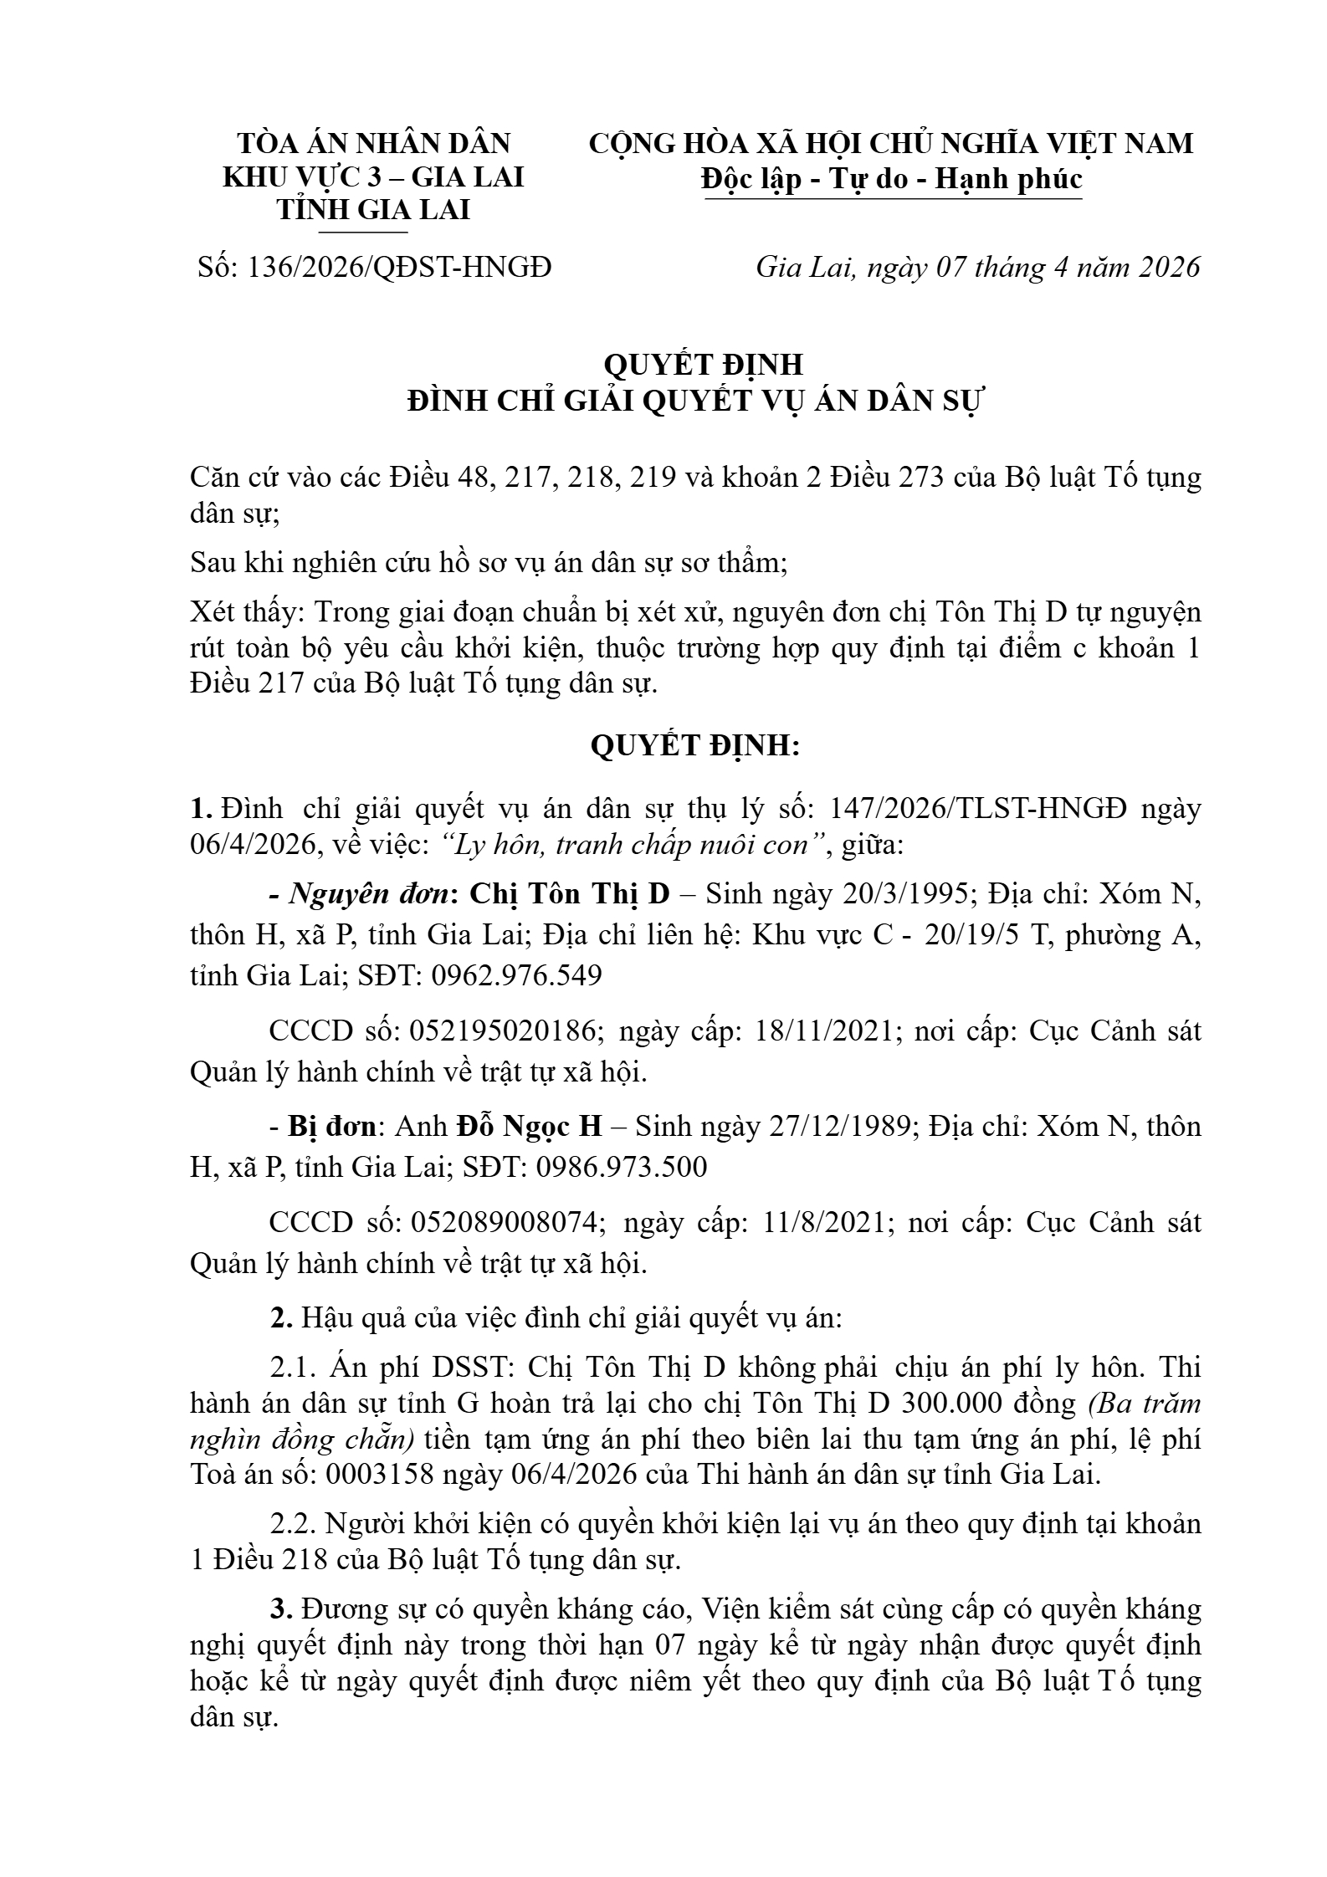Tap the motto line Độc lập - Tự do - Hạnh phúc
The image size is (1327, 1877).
[892, 179]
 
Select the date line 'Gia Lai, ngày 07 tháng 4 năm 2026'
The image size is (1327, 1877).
[977, 268]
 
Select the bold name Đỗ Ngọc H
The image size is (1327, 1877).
[529, 1128]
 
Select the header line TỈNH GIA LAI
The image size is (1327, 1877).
[373, 210]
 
